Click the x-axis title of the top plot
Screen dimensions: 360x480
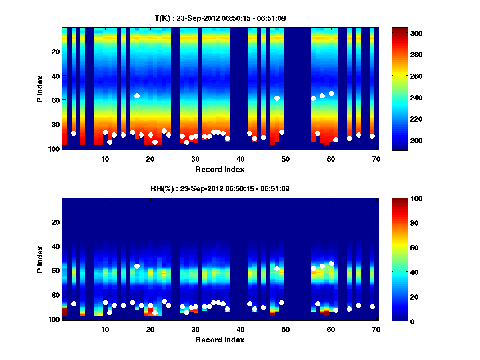click(x=220, y=169)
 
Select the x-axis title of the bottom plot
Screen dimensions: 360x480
click(x=220, y=340)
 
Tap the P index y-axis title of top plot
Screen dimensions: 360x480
click(x=40, y=89)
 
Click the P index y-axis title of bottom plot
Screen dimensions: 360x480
click(x=40, y=259)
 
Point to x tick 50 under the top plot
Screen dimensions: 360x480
click(x=286, y=159)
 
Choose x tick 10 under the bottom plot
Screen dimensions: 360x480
click(x=105, y=329)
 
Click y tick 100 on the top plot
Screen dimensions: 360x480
click(x=55, y=148)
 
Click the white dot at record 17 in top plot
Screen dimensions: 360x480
click(x=137, y=96)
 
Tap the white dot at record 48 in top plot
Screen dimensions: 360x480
click(x=277, y=98)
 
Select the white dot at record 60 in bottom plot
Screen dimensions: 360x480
click(x=331, y=264)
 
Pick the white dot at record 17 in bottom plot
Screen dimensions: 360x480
click(x=137, y=266)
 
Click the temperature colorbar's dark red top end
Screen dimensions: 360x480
click(x=399, y=30)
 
